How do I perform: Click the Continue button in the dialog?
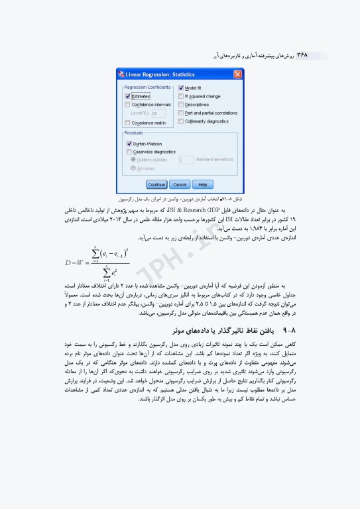click(156, 184)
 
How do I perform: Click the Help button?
click(203, 184)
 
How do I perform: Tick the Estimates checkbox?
click(128, 95)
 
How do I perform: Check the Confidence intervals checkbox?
click(128, 105)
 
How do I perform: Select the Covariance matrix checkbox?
click(128, 123)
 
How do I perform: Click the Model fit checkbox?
click(181, 88)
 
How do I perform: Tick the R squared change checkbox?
click(181, 96)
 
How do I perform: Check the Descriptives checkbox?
click(181, 105)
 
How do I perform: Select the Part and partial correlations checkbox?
click(181, 113)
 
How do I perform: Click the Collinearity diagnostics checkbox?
click(181, 121)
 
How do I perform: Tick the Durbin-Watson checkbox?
click(129, 143)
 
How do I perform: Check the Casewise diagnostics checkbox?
click(129, 151)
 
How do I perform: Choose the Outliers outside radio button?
click(134, 160)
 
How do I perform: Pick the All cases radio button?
click(134, 168)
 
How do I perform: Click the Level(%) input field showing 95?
click(158, 113)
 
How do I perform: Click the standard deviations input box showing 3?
click(186, 160)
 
